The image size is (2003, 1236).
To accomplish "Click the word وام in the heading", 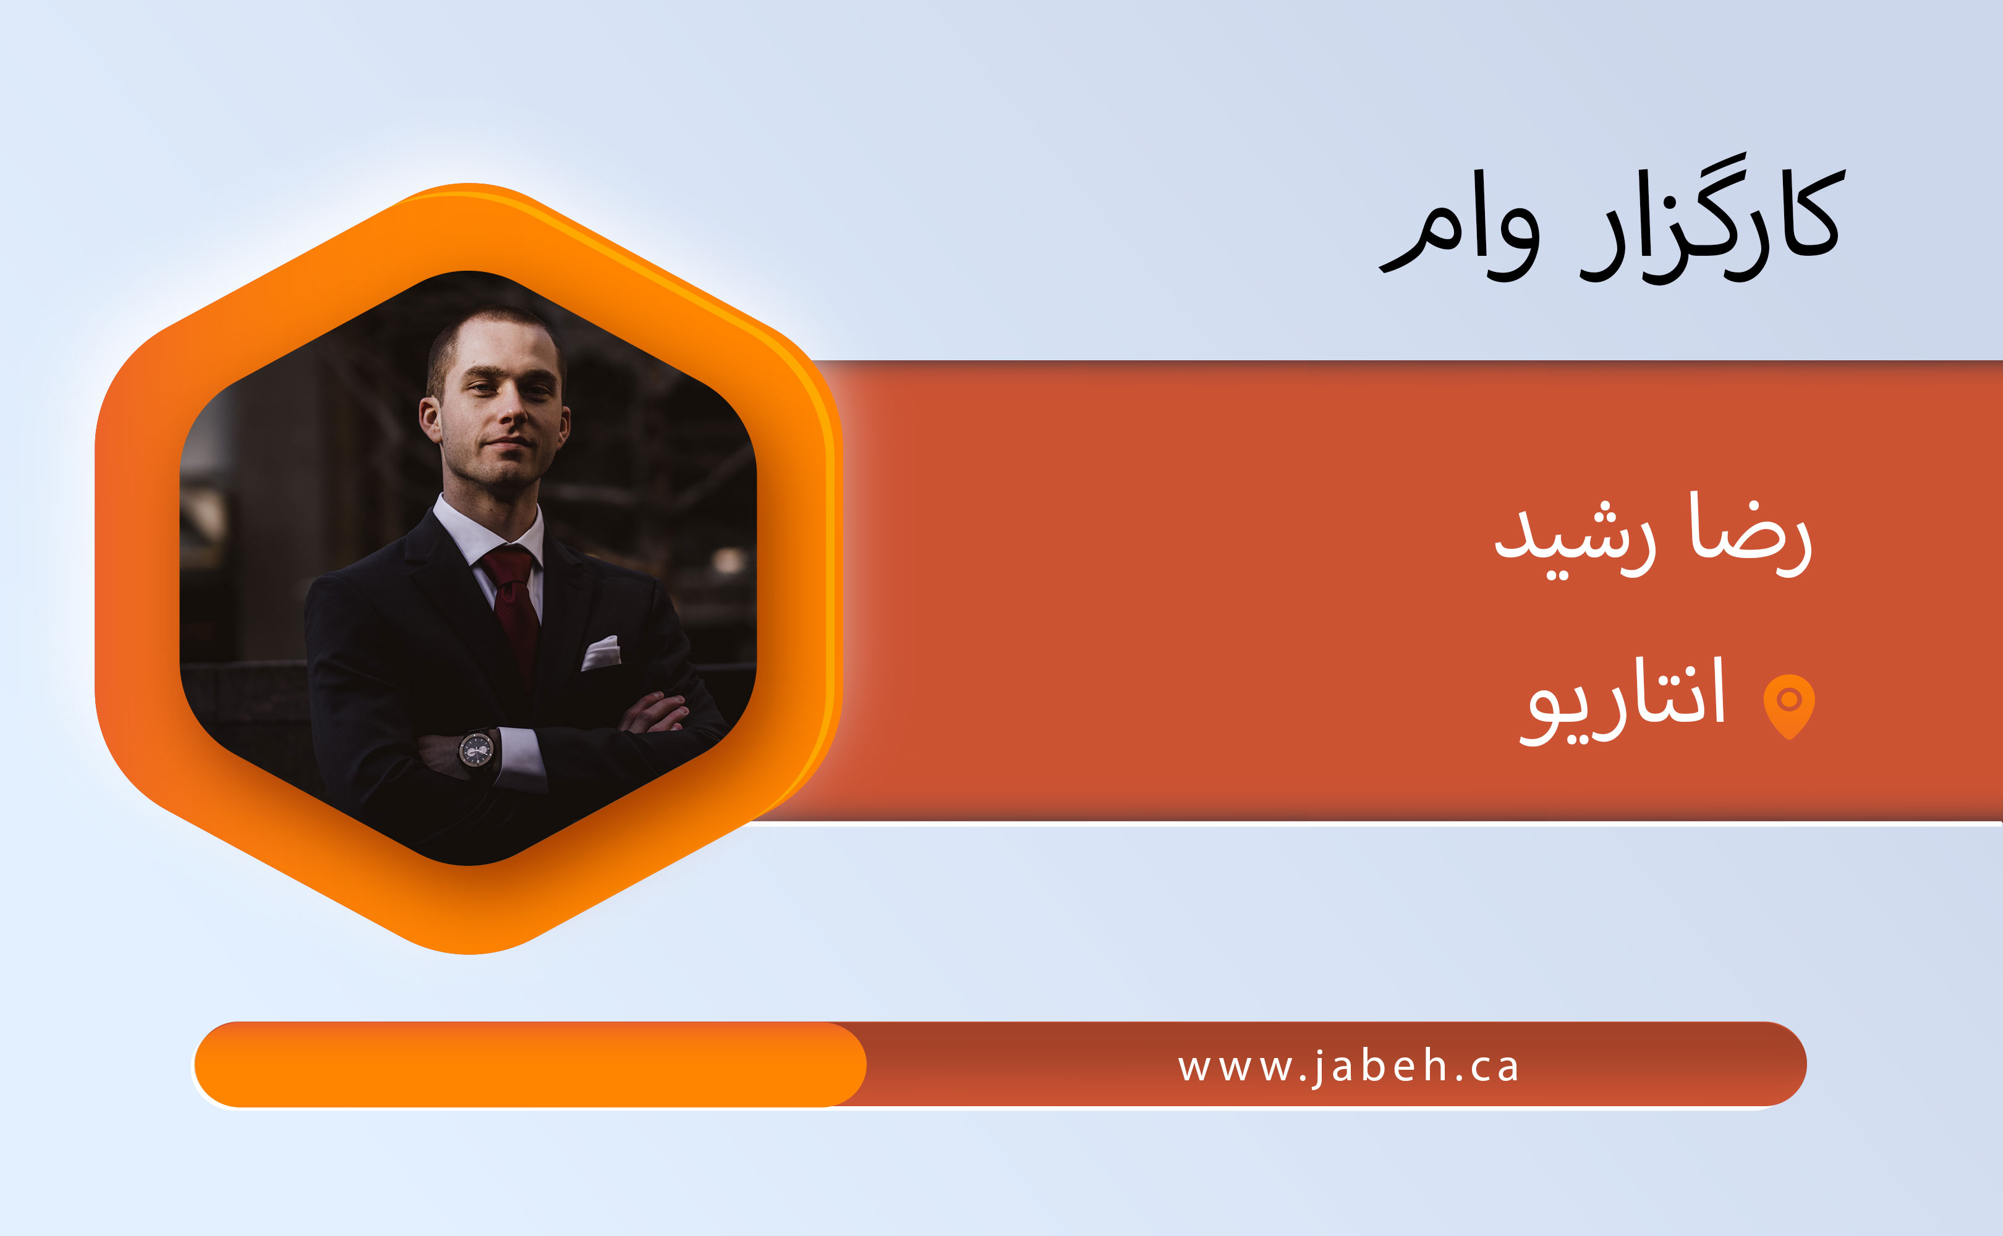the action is pos(1460,237).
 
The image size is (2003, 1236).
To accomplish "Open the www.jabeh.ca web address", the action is pos(1348,1067).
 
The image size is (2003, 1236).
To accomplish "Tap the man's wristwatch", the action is pos(476,748).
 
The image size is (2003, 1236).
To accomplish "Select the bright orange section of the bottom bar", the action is pos(530,1064).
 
